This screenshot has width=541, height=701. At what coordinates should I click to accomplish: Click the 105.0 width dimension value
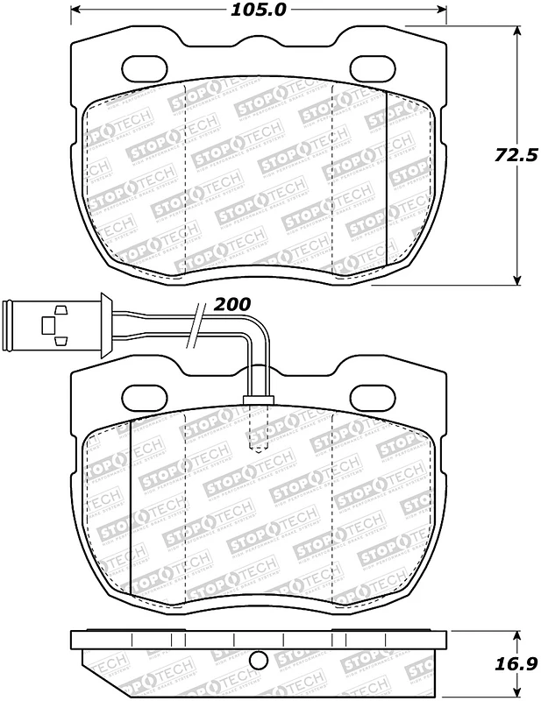pyautogui.click(x=258, y=11)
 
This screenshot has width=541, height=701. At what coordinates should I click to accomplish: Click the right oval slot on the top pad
pyautogui.click(x=373, y=67)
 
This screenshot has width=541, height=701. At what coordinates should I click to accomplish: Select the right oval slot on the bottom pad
pyautogui.click(x=373, y=396)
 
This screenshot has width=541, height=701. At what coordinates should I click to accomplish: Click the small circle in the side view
pyautogui.click(x=258, y=662)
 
